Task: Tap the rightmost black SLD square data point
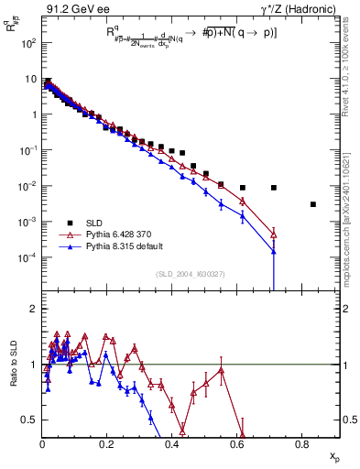313,204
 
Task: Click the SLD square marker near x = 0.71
274,188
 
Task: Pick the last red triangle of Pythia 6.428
274,234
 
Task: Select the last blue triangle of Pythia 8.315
274,250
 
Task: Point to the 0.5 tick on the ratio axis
31,420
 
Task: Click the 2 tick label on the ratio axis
35,310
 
